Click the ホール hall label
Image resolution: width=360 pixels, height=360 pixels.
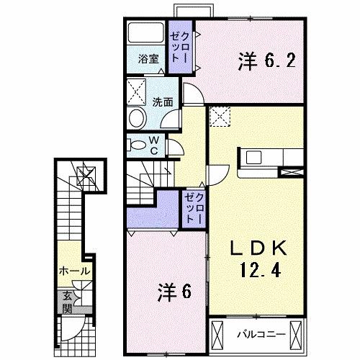pyautogui.click(x=75, y=271)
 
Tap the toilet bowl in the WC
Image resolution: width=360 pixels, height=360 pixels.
pyautogui.click(x=136, y=145)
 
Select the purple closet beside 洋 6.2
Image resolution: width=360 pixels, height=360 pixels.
pyautogui.click(x=178, y=47)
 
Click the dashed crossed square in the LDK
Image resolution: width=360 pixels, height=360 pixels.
pyautogui.click(x=220, y=115)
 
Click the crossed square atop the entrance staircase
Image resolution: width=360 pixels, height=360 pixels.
pyautogui.click(x=84, y=173)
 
